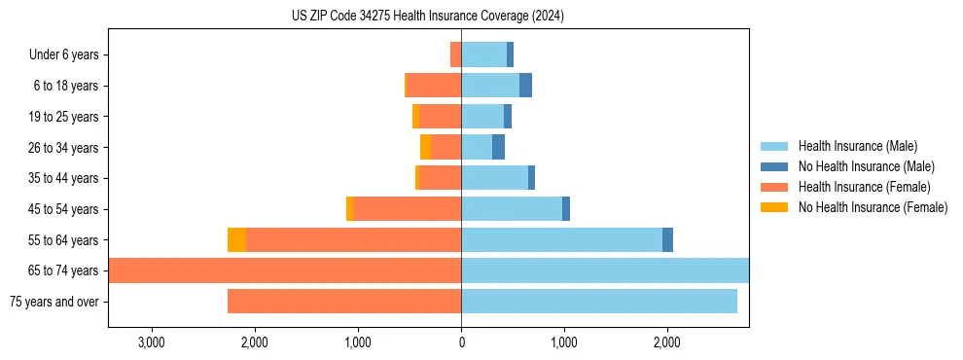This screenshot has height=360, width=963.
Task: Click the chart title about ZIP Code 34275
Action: point(428,17)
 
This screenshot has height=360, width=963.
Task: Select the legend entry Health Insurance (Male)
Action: point(857,146)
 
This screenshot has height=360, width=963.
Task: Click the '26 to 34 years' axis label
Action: point(63,148)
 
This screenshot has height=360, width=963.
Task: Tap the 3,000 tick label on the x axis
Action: point(152,342)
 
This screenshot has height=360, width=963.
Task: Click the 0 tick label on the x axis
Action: point(461,342)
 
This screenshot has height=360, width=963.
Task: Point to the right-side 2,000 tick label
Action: point(666,342)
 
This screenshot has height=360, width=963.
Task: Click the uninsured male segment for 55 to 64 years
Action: point(667,240)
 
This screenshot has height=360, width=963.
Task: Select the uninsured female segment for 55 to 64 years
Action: point(236,240)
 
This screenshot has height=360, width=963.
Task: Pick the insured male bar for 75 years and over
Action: point(598,302)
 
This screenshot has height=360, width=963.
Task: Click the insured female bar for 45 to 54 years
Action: point(407,209)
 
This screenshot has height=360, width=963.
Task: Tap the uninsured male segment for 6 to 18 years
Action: point(525,86)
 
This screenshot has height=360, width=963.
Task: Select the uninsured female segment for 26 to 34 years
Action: point(425,148)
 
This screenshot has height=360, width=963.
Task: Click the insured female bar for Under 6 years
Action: point(455,54)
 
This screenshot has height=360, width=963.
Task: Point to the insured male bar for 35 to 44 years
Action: point(494,178)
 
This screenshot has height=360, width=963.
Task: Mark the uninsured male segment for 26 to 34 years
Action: point(498,148)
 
